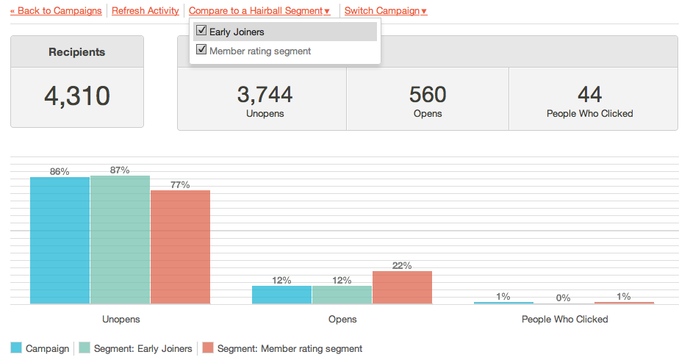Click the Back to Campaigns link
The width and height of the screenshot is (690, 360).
[56, 11]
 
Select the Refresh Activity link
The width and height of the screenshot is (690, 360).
[145, 11]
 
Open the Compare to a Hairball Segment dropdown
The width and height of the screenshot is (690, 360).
[259, 11]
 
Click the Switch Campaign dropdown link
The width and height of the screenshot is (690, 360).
[386, 11]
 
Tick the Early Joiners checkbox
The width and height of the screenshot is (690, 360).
[201, 32]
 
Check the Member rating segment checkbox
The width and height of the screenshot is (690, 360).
[201, 51]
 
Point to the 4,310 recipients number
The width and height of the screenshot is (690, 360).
[77, 96]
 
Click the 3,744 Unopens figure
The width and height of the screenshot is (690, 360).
[265, 95]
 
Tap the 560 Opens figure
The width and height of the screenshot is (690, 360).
[428, 95]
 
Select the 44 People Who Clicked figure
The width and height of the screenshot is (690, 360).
[590, 95]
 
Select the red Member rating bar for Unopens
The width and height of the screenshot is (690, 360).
[180, 247]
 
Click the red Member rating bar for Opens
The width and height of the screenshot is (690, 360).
[402, 287]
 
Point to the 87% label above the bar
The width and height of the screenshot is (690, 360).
[120, 170]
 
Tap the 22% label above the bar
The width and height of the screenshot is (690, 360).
[402, 265]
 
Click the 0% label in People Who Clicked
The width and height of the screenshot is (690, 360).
[564, 298]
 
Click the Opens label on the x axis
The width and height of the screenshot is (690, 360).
[342, 320]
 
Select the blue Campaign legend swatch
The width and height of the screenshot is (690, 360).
[17, 348]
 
